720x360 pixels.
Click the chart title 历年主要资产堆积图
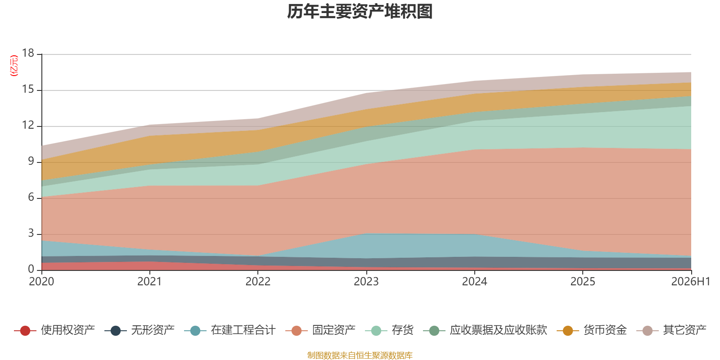click(360, 12)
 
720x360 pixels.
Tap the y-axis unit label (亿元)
click(14, 66)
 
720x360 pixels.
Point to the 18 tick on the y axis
click(28, 53)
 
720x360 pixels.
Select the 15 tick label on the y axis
click(28, 89)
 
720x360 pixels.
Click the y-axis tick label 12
click(28, 125)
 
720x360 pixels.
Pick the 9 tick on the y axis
click(31, 161)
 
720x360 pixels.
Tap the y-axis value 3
click(31, 233)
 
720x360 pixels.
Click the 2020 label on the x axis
click(41, 282)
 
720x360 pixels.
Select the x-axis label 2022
click(258, 282)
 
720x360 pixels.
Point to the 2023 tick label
click(366, 282)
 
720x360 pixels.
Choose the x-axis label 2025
click(583, 282)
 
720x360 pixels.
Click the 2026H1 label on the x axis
click(690, 282)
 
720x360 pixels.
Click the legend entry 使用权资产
click(54, 330)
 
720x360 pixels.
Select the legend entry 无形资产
click(139, 330)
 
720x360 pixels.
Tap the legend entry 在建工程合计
click(230, 330)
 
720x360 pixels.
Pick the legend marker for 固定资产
click(297, 330)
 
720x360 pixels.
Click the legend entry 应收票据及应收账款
click(485, 330)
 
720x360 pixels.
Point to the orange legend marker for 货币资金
click(567, 330)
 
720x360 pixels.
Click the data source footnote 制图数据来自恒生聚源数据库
click(360, 355)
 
